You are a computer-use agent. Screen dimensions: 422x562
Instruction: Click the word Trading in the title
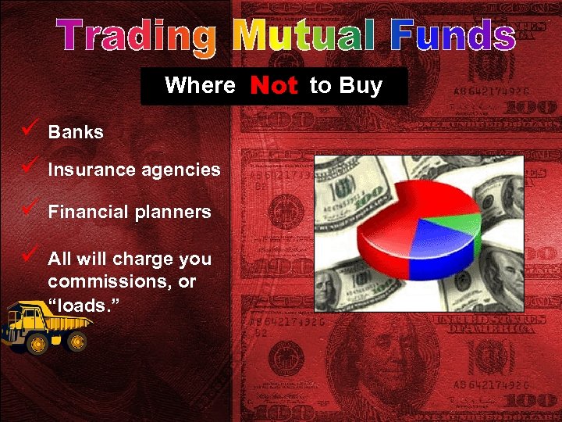(x=137, y=38)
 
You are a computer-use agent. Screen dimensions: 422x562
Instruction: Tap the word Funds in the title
(x=453, y=38)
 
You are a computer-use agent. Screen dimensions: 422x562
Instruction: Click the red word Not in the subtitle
(x=274, y=86)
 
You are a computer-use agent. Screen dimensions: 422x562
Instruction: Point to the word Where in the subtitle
(x=200, y=85)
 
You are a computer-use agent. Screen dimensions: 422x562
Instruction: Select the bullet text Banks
(x=76, y=132)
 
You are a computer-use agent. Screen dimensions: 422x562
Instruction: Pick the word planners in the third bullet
(x=176, y=213)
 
